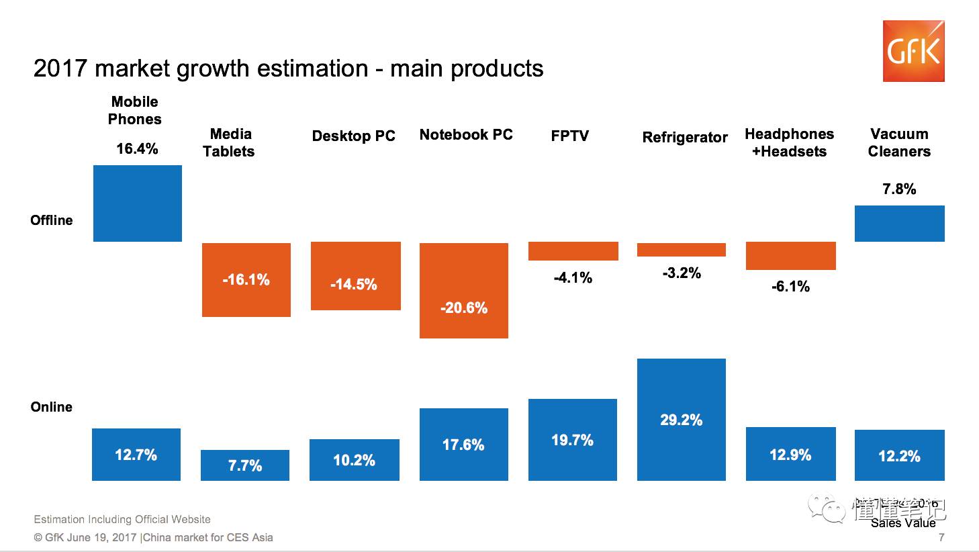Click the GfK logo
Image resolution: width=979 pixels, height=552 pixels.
(x=913, y=51)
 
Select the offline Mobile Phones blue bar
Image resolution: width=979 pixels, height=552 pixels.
(x=138, y=203)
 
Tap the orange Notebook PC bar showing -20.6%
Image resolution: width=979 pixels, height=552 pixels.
(x=464, y=290)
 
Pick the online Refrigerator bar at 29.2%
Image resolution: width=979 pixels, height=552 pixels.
(x=682, y=420)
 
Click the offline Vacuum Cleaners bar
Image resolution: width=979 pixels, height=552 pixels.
(x=899, y=223)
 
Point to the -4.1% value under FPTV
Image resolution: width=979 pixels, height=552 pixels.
(x=573, y=277)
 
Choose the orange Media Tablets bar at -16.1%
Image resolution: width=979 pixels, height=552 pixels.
(x=246, y=279)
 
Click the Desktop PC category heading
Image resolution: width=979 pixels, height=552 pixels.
(x=353, y=136)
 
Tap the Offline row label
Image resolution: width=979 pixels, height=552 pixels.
(x=52, y=220)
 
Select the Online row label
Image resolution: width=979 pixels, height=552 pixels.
(x=52, y=407)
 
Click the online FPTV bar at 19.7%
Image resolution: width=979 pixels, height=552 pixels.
(x=572, y=440)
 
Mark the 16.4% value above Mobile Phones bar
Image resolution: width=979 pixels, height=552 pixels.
(x=137, y=148)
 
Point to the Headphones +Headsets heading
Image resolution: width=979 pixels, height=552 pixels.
(x=789, y=142)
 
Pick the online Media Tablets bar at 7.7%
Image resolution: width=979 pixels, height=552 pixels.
(x=245, y=465)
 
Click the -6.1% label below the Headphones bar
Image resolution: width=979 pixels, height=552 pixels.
(x=790, y=287)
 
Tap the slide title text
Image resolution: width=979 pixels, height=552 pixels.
(x=288, y=68)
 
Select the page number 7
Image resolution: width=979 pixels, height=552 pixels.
(x=941, y=537)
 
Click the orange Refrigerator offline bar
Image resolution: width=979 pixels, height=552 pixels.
(x=682, y=250)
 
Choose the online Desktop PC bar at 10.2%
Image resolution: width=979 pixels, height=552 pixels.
(x=355, y=460)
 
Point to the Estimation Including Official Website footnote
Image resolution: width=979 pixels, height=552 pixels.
(x=122, y=519)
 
